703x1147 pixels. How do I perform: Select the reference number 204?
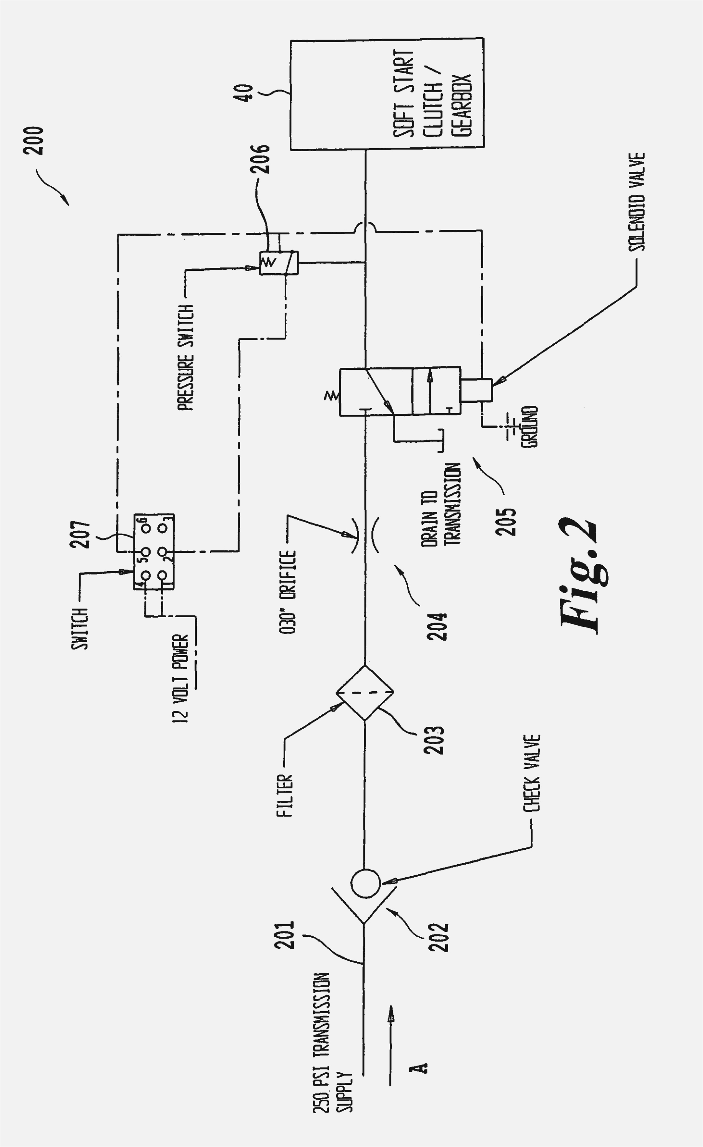pos(437,626)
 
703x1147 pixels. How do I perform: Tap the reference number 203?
pos(434,740)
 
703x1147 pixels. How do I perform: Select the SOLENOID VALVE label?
pos(637,203)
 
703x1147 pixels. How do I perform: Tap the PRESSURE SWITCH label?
pos(186,358)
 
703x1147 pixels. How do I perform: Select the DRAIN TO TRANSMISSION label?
pos(441,504)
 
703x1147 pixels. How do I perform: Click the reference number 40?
pos(246,93)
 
